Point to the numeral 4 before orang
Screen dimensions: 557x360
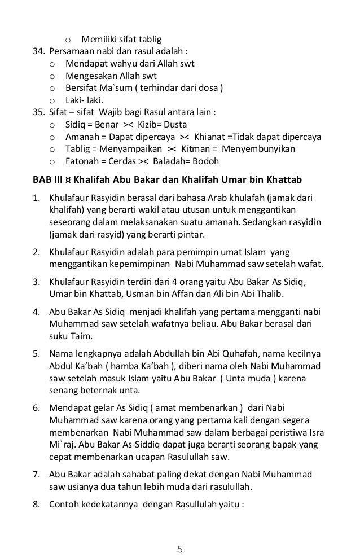pyautogui.click(x=192, y=282)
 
